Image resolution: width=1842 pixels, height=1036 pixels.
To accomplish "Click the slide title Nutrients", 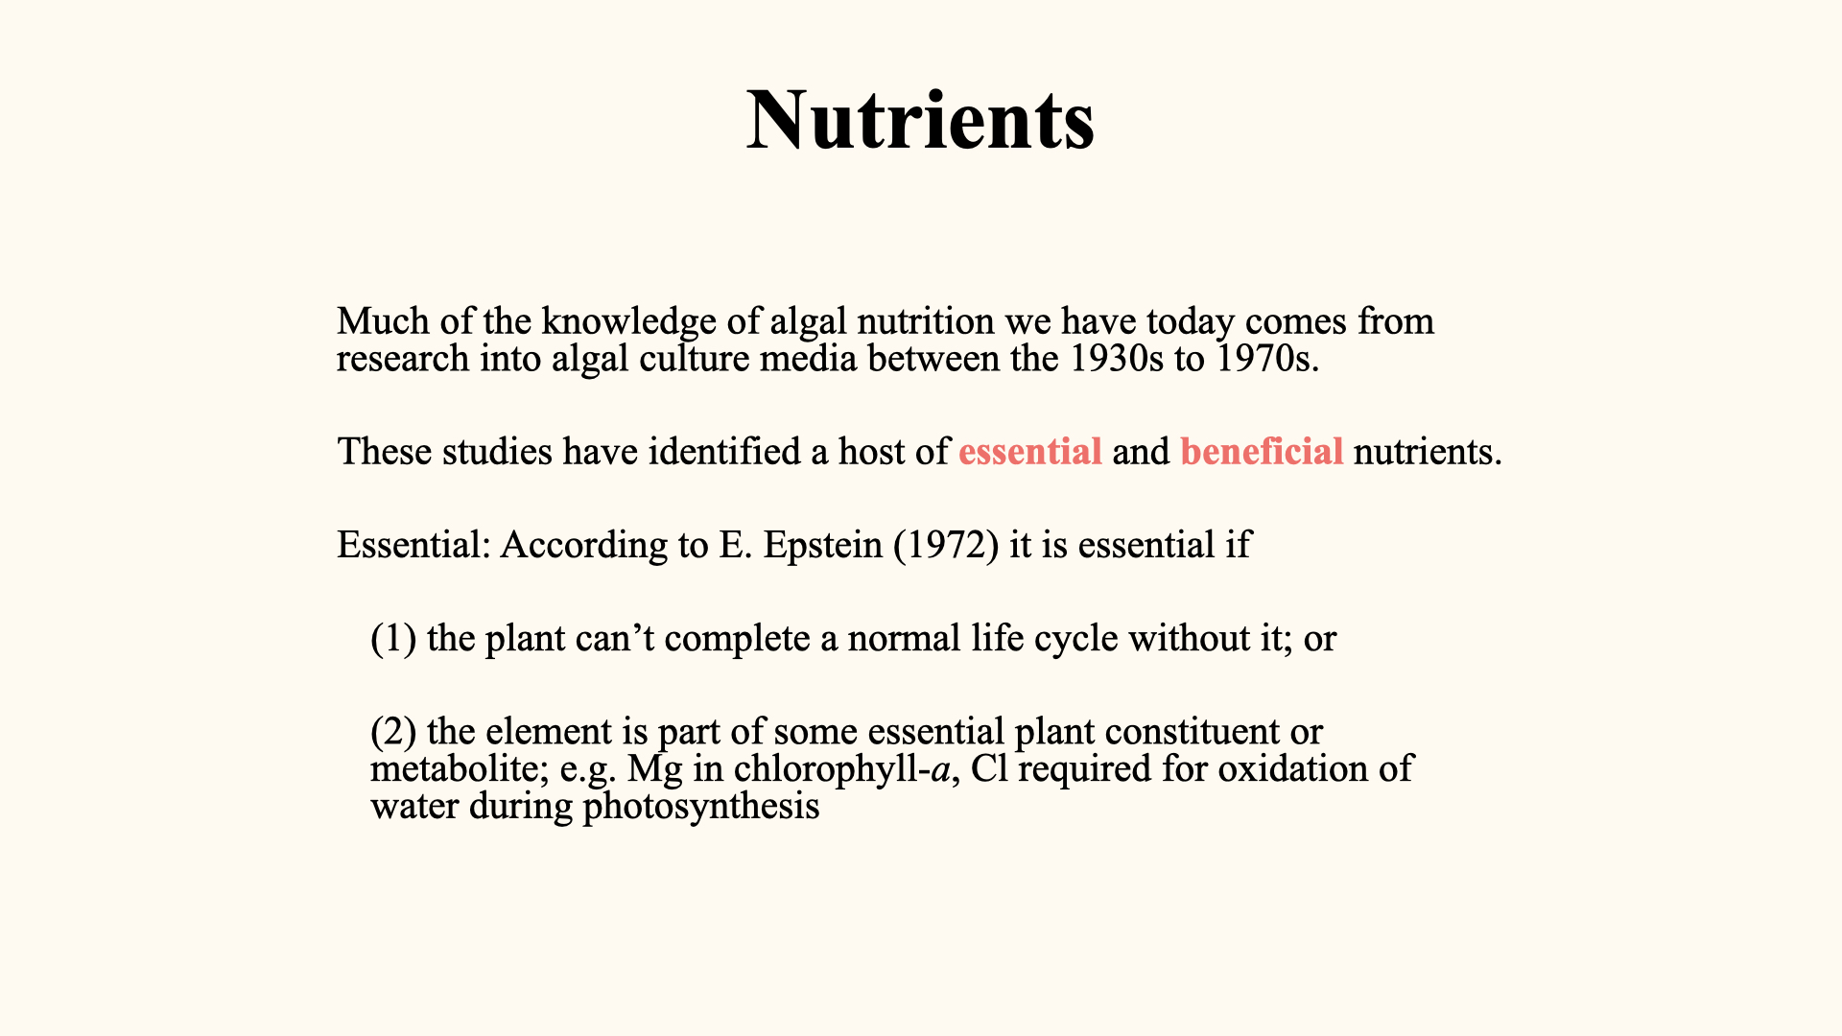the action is click(x=921, y=120).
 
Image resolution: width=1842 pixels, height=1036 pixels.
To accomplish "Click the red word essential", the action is click(x=1030, y=452).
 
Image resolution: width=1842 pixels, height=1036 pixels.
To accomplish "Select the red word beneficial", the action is click(x=1262, y=452).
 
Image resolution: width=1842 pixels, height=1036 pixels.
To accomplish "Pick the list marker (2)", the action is click(x=393, y=732).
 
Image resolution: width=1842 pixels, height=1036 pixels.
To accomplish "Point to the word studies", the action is click(x=497, y=452).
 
